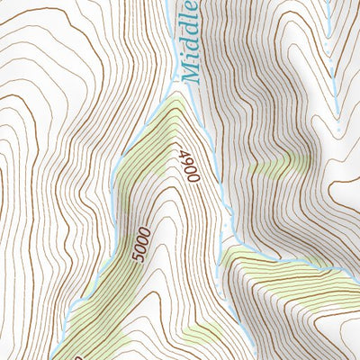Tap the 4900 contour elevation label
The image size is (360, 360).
[191, 166]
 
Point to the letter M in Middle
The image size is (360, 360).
[190, 75]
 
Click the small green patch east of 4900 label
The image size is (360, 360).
[274, 166]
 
